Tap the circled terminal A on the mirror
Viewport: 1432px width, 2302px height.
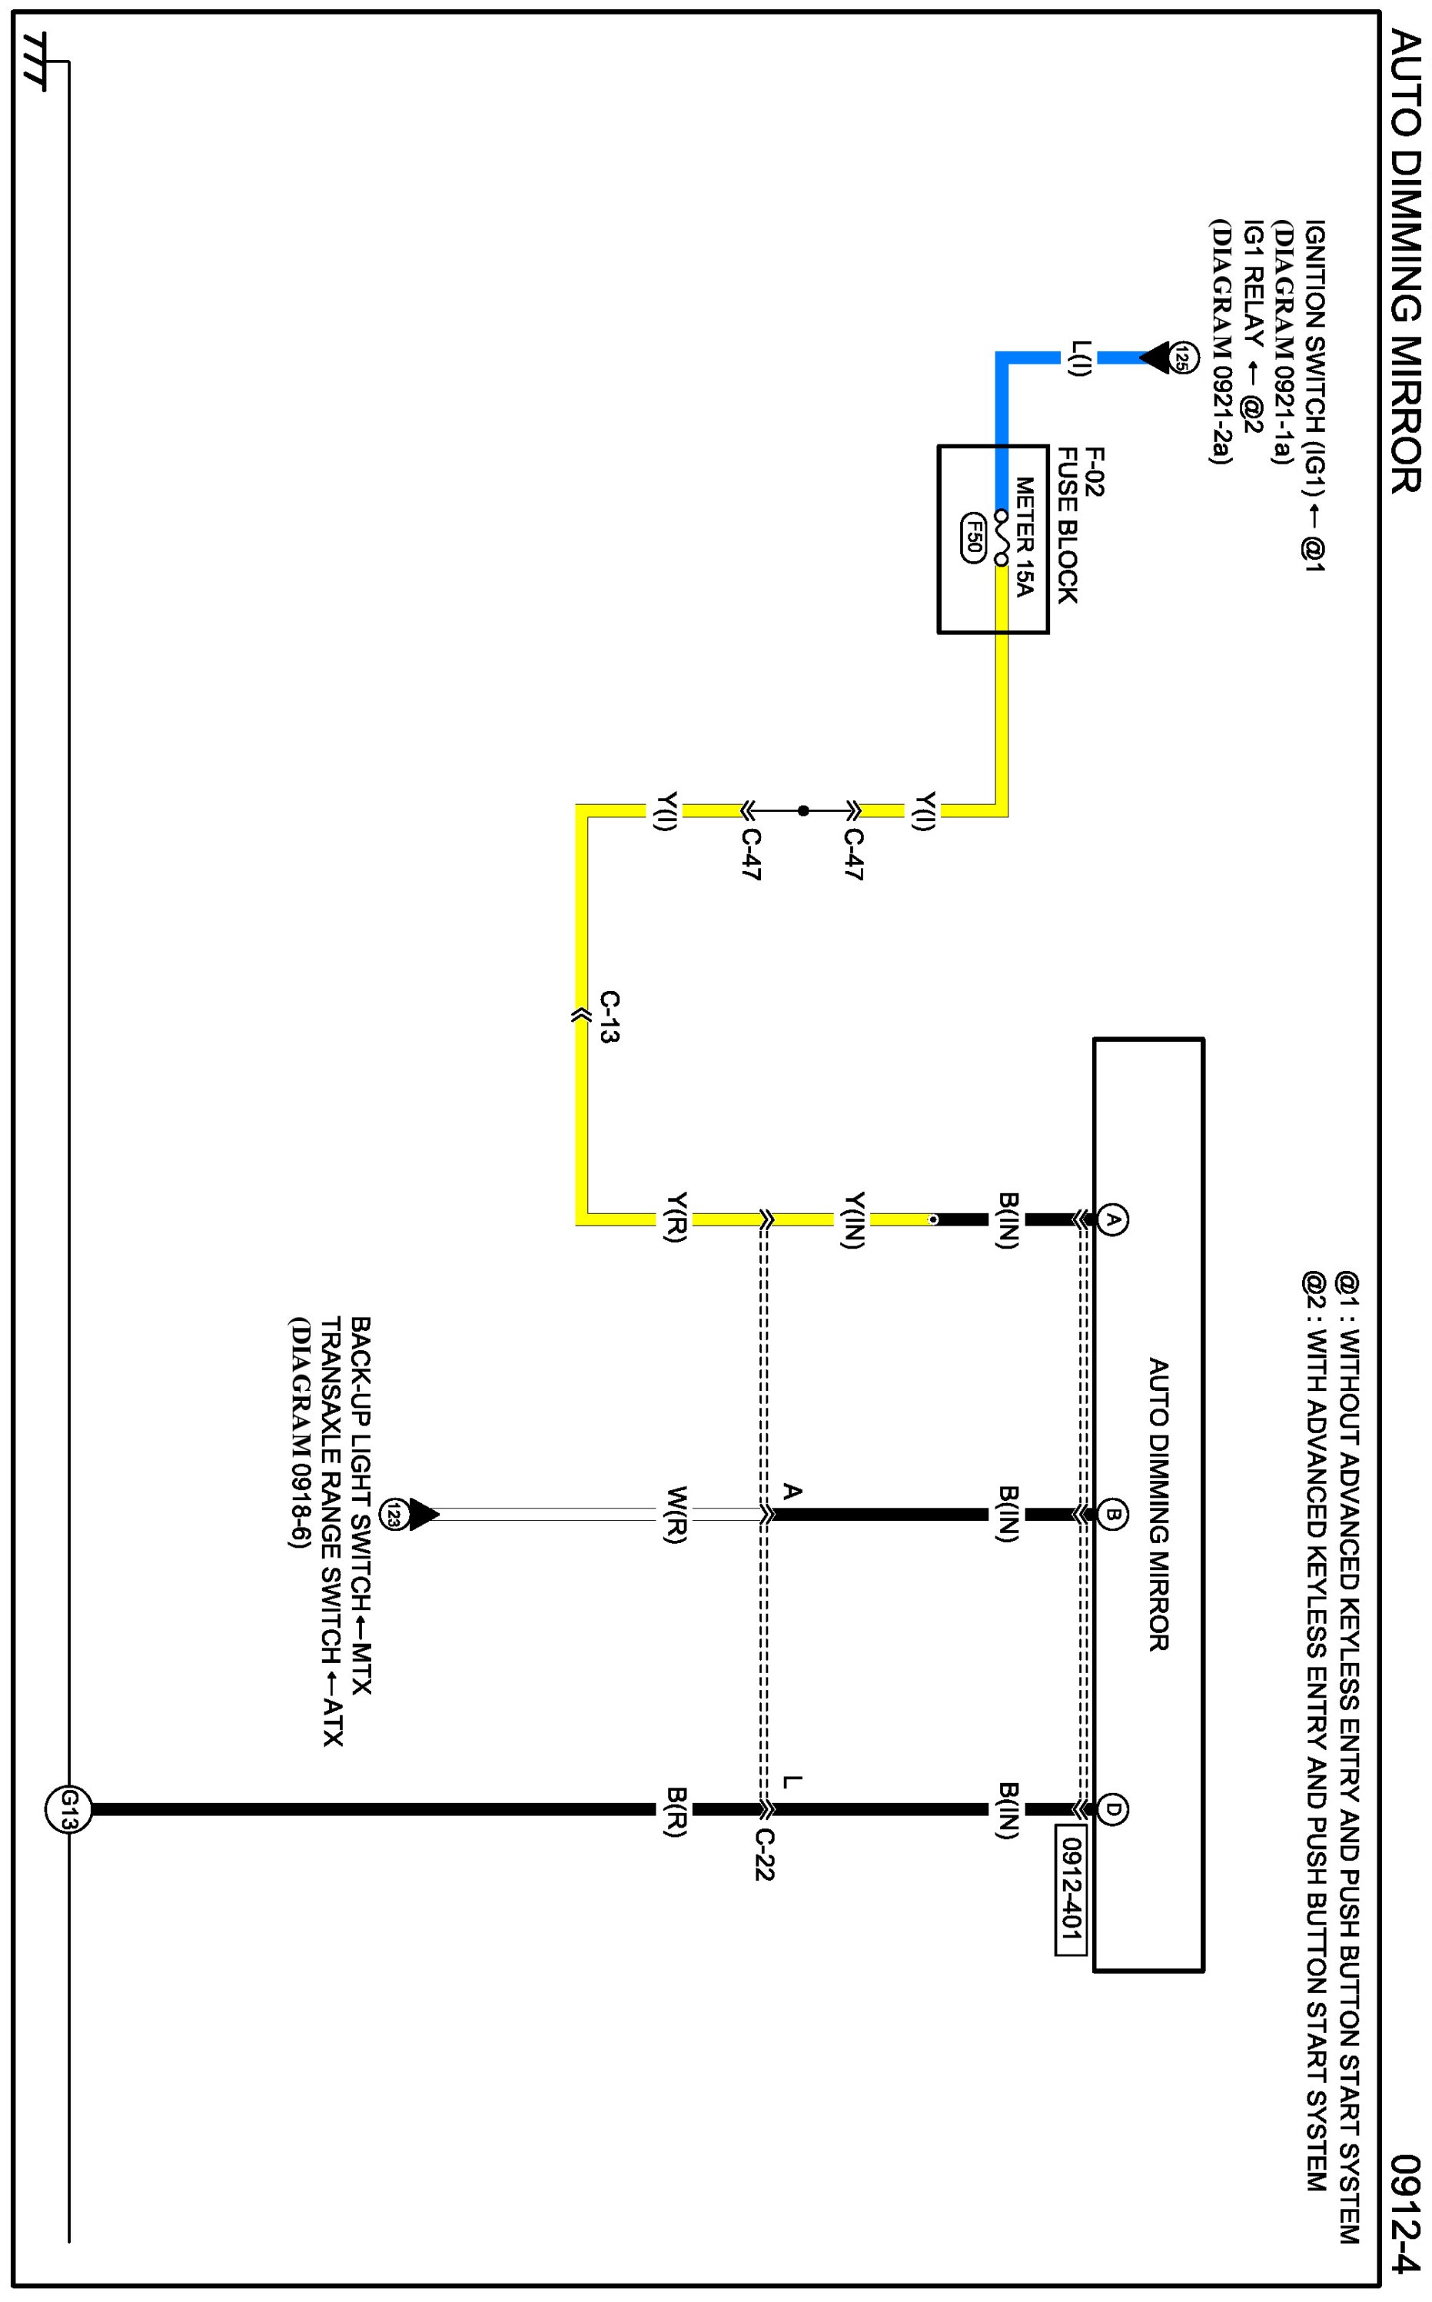point(1114,1220)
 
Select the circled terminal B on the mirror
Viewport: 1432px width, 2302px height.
point(1114,1515)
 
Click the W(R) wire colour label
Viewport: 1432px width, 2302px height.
point(676,1515)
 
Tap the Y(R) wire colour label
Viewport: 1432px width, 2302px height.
point(676,1217)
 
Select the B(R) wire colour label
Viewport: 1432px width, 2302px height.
point(676,1811)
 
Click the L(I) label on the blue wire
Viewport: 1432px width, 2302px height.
point(1081,358)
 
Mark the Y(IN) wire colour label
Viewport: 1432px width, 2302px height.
point(853,1220)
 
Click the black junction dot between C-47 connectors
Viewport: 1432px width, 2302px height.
point(803,811)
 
